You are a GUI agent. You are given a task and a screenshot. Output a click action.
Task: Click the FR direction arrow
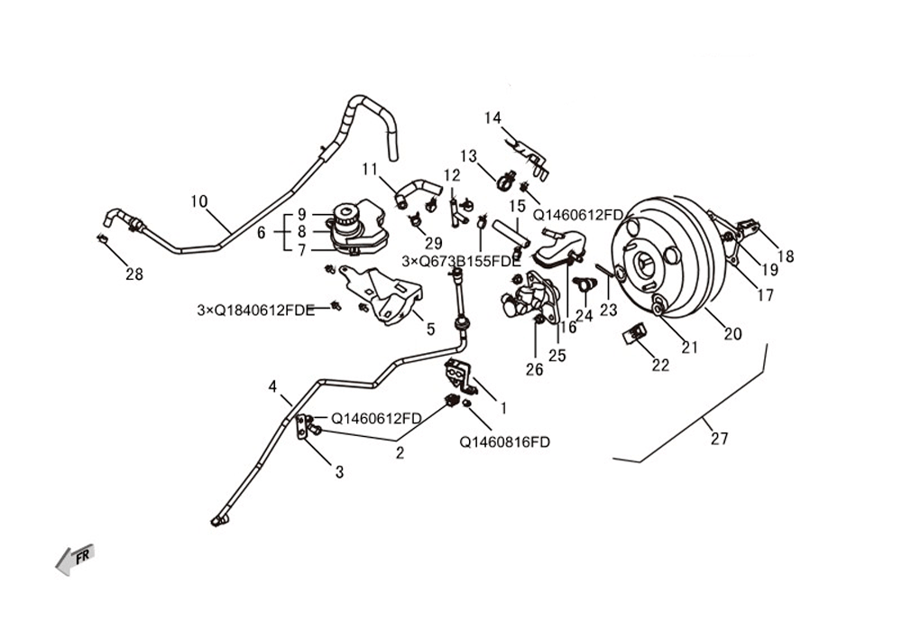74,559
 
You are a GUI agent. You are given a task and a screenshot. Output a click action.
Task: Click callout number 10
199,201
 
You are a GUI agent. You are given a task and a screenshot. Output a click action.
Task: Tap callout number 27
719,439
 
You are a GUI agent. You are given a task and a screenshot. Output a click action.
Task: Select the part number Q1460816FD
504,442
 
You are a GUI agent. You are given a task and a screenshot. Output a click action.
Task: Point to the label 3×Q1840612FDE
256,311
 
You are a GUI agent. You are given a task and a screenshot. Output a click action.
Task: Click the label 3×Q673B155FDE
461,261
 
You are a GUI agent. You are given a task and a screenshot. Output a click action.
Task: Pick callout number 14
492,118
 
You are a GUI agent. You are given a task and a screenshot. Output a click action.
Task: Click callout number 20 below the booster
732,334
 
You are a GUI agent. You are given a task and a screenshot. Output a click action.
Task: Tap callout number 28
134,274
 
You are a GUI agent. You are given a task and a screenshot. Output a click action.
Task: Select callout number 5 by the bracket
431,330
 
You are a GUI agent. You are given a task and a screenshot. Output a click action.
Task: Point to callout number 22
660,365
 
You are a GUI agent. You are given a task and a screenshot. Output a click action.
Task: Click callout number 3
339,472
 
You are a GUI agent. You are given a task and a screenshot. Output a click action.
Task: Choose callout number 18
786,256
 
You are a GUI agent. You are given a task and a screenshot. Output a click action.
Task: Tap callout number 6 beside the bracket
262,233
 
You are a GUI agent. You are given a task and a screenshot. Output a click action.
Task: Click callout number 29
434,243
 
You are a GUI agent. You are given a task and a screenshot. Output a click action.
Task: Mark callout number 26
534,369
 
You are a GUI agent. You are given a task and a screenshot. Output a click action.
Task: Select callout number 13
469,156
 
